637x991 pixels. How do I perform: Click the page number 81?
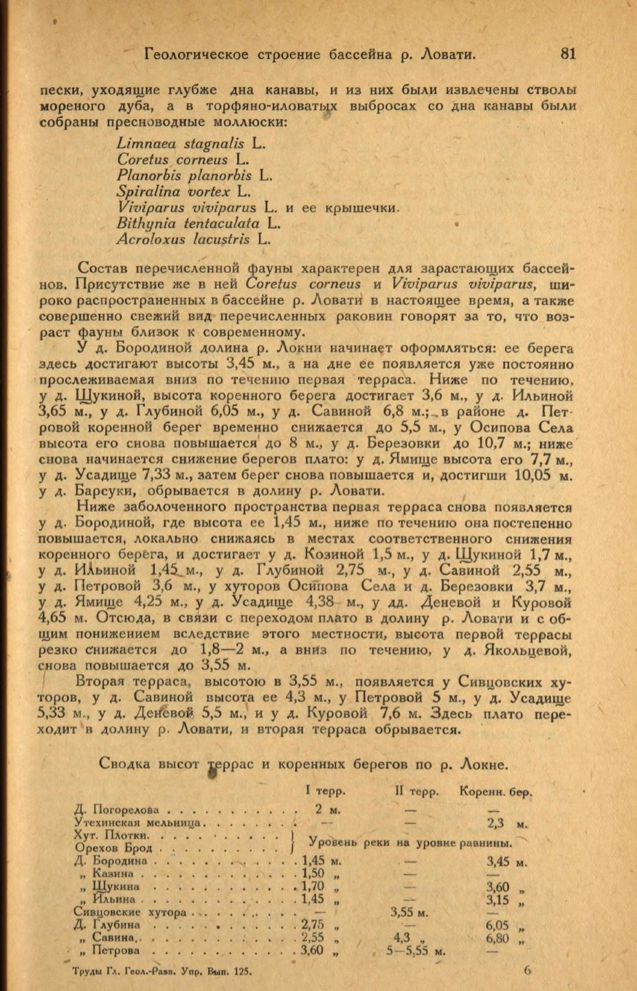[568, 54]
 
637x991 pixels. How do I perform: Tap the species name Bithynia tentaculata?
[188, 223]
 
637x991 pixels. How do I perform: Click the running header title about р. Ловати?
[310, 54]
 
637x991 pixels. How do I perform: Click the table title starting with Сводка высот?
[304, 763]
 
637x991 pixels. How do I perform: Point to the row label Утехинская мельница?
[137, 822]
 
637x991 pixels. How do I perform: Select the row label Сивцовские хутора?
[130, 913]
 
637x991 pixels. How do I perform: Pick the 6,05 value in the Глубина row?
[498, 926]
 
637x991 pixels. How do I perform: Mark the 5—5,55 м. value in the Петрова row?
[416, 951]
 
